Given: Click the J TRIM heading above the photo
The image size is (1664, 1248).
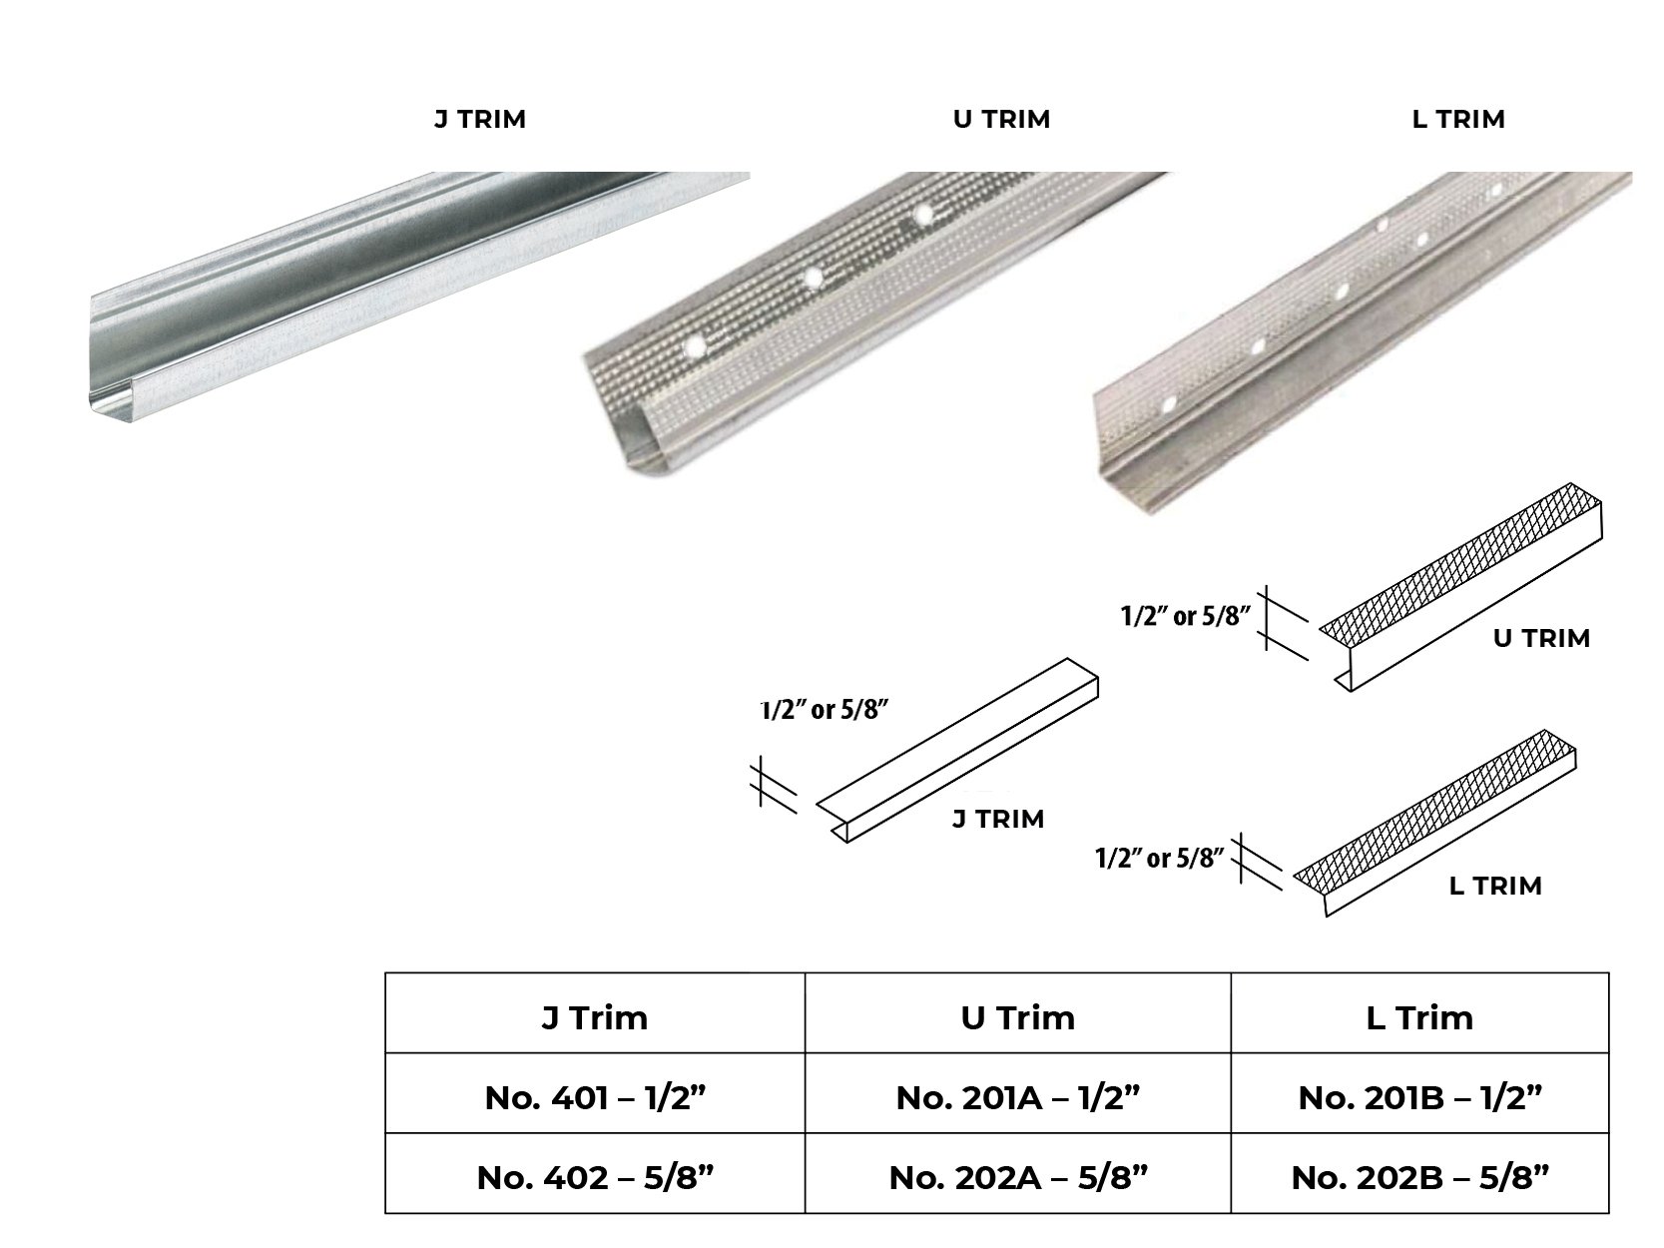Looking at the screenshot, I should coord(479,120).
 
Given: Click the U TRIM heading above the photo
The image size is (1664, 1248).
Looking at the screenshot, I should coord(1001,120).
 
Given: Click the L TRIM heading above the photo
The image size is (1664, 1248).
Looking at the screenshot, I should coord(1458,120).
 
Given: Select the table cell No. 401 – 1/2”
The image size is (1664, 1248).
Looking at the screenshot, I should coord(595,1098).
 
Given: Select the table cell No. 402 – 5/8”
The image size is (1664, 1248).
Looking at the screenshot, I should coord(595,1178).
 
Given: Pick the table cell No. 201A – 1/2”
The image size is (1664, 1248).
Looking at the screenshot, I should coord(1017,1098).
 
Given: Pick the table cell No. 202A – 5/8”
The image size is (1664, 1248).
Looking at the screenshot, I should coord(1017,1178).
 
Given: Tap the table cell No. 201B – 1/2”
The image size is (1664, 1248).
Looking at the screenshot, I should coord(1419,1098).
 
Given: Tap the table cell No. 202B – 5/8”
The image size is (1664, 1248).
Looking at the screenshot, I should coord(1419,1178).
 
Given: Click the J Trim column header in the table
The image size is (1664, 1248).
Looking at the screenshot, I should coord(595,1017).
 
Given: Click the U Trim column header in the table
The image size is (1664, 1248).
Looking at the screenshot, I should coord(1017,1017).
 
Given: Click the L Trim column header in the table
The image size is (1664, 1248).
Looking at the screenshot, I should coord(1419,1017).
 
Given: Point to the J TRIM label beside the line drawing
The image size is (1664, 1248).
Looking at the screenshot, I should coord(997,819).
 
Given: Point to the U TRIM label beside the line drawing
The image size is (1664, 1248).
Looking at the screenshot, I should coord(1541,638).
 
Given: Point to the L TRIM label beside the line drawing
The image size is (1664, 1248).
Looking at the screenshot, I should coord(1494,886).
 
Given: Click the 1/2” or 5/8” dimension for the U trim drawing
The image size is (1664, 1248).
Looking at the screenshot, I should coord(1185,616).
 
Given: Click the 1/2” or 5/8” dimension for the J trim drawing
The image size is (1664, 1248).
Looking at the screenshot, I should coord(825,711).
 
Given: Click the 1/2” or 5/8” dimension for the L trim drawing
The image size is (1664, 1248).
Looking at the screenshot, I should coord(1159,858).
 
